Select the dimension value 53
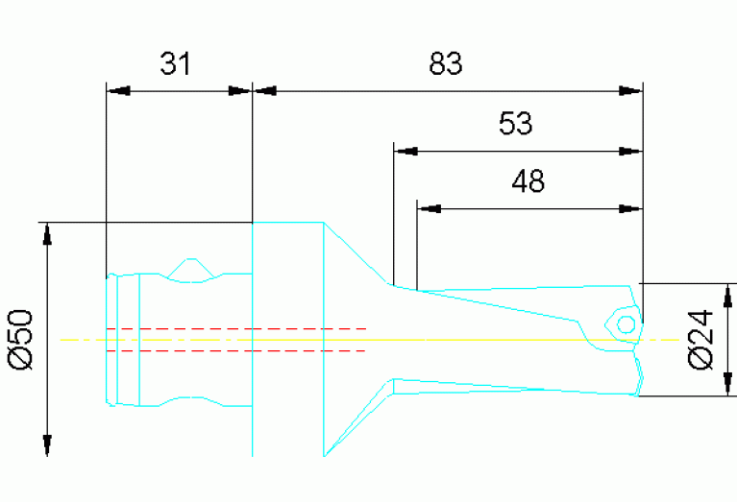coord(515,123)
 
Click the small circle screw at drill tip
coord(625,323)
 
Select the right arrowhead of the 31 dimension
coord(238,92)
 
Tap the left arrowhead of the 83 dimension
coord(264,92)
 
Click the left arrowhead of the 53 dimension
coord(407,150)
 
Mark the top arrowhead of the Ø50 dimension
coord(45,234)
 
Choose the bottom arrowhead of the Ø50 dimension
coord(45,444)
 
